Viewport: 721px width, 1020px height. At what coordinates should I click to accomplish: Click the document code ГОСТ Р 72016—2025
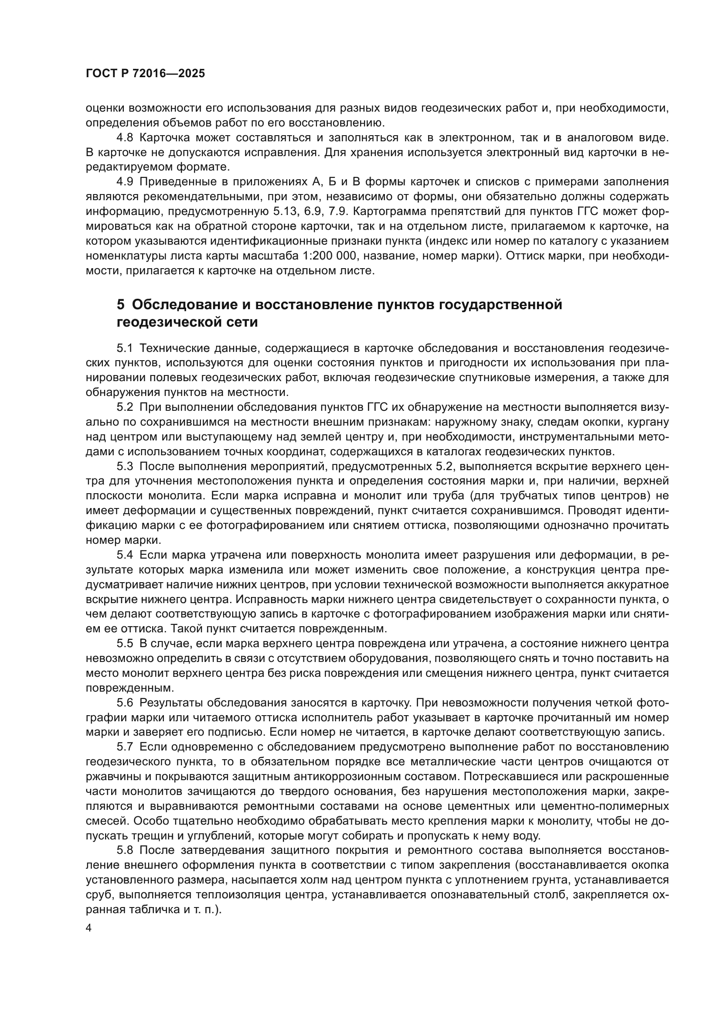tap(145, 74)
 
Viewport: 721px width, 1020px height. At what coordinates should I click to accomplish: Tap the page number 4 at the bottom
tap(89, 928)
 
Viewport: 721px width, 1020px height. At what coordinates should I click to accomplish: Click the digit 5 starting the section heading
tap(121, 305)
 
